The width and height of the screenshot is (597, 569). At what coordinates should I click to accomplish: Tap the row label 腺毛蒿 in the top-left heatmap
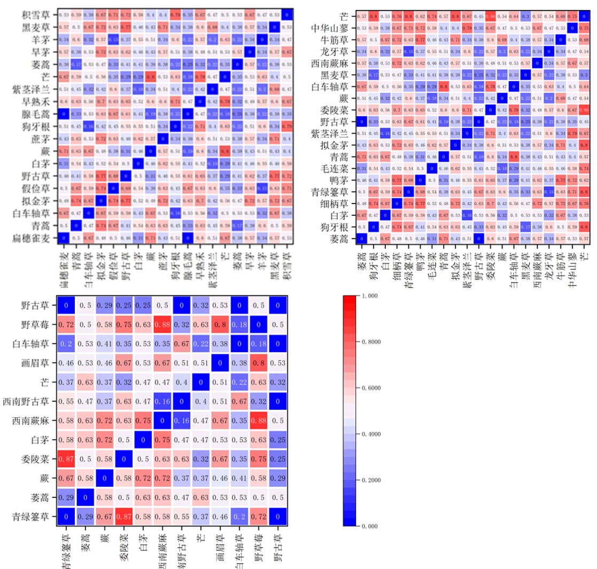(37, 114)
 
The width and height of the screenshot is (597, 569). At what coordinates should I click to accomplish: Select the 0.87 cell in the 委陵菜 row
(68, 459)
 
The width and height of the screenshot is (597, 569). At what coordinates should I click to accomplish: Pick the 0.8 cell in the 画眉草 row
(259, 363)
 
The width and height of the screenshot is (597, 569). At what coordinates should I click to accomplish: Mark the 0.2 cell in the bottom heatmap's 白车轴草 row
(68, 344)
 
